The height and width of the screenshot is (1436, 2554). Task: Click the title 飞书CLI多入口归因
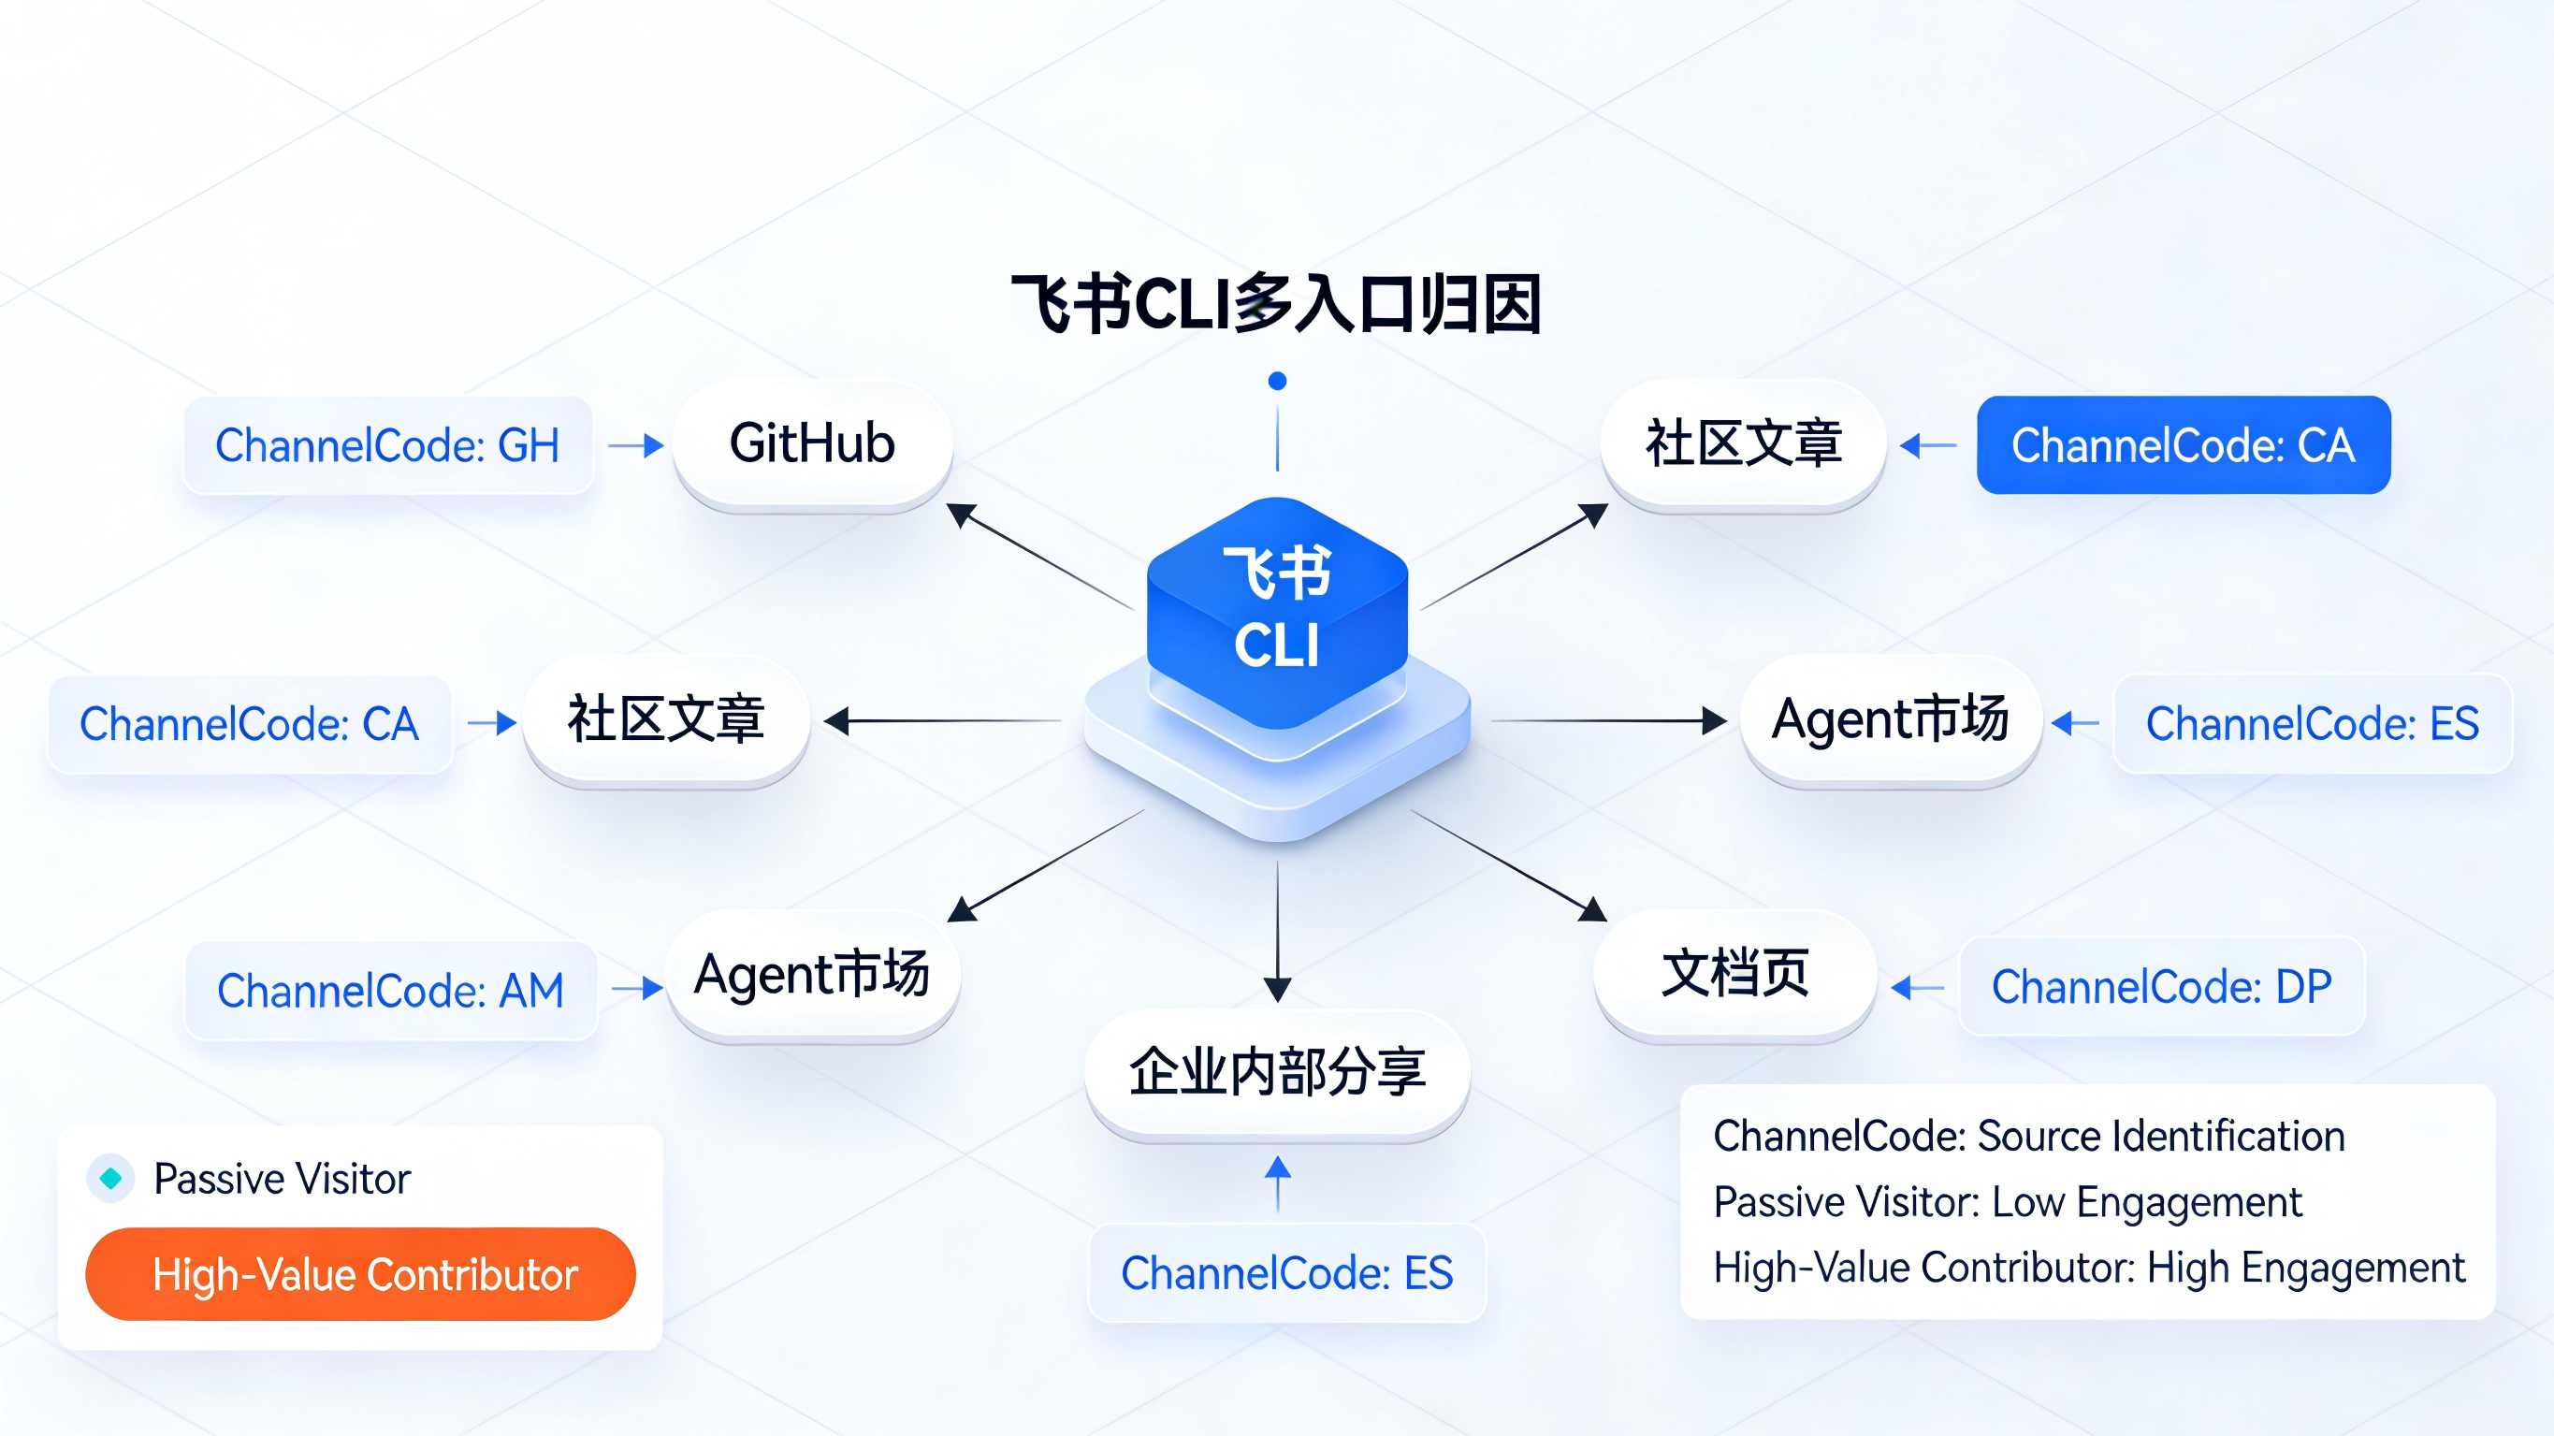tap(1276, 303)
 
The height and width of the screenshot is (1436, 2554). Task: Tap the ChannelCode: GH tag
tap(387, 445)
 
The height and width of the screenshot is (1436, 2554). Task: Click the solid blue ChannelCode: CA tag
tap(2183, 445)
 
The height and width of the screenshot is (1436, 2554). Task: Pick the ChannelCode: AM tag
tap(391, 991)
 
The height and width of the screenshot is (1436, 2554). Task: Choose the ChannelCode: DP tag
tap(2161, 987)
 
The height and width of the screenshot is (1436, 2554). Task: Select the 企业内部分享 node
tap(1277, 1072)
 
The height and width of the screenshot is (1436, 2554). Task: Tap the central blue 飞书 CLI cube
tap(1277, 610)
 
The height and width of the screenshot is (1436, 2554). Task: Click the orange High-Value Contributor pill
tap(361, 1274)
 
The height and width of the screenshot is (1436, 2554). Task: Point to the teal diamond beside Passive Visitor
tap(111, 1178)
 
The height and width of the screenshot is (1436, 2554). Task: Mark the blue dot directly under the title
tap(1277, 381)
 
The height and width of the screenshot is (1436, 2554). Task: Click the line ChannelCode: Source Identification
tap(2028, 1137)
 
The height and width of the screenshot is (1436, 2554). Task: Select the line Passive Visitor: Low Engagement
tap(2007, 1202)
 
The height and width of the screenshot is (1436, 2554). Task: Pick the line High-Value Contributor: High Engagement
tap(2088, 1268)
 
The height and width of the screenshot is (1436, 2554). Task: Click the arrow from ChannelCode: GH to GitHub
tap(635, 445)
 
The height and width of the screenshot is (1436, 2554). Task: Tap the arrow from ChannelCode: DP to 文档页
tap(1919, 988)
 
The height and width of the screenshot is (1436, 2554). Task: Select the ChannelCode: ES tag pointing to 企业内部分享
tap(1287, 1273)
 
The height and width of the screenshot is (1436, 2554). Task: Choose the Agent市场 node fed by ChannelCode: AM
tap(812, 975)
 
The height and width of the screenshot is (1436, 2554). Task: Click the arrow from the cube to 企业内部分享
tap(1277, 932)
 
